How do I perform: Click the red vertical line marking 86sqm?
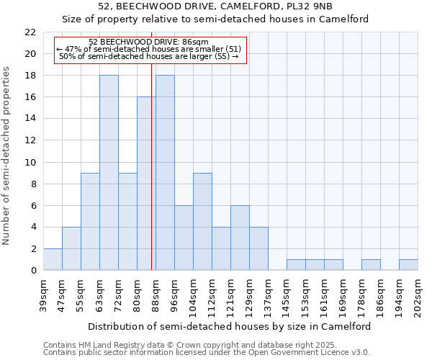click(151, 180)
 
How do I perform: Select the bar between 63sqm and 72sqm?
click(109, 173)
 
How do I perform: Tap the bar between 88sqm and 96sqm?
click(165, 173)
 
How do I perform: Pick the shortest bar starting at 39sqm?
click(53, 259)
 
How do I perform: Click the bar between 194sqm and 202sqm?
click(408, 265)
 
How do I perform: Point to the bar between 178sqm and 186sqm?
click(371, 265)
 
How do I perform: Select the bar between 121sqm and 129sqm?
click(240, 238)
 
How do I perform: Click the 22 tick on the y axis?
click(30, 32)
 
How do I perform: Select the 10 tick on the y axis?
click(30, 162)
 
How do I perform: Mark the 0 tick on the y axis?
click(33, 271)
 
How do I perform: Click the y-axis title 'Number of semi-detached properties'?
click(7, 156)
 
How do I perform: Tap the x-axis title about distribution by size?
click(230, 326)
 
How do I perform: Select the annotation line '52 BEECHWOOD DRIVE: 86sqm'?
click(150, 42)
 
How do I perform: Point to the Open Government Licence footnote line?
click(207, 353)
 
